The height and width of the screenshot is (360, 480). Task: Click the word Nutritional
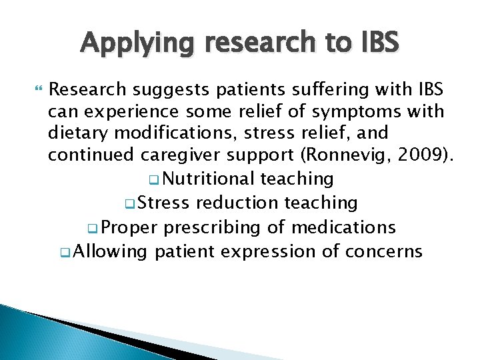coord(209,179)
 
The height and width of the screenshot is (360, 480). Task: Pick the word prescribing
coord(215,227)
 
